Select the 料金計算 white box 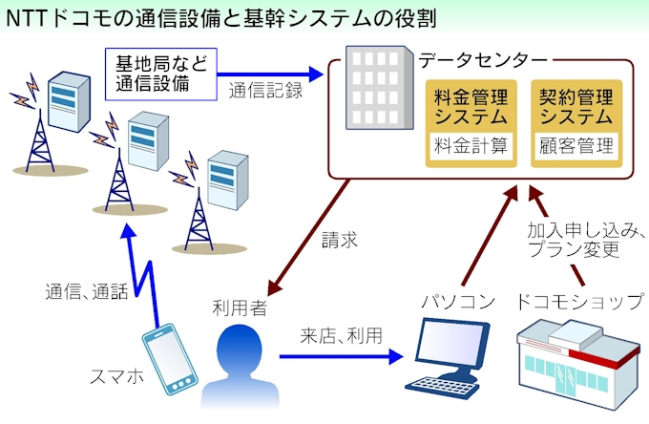(x=471, y=147)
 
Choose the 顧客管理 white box (x=576, y=147)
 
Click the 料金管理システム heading (x=471, y=107)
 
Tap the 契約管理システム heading (x=576, y=107)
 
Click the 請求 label (x=340, y=242)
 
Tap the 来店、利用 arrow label (x=341, y=335)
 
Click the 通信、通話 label (x=86, y=292)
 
